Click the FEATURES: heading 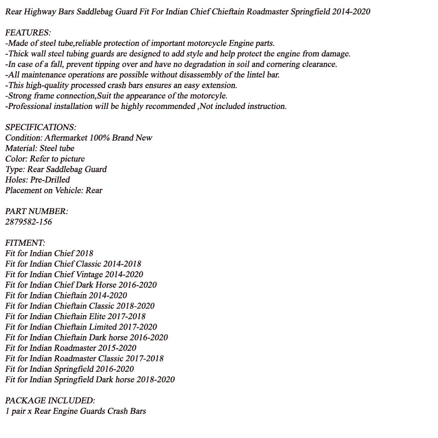28,33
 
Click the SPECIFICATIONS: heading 41,128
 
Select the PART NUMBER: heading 37,211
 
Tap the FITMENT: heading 25,243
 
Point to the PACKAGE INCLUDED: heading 50,401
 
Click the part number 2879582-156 28,222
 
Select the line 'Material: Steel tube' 39,148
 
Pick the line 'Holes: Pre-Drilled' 37,180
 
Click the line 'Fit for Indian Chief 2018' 49,253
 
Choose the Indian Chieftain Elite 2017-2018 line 75,316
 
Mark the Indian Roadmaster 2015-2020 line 71,348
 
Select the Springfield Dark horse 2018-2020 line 90,379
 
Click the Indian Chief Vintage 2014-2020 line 74,274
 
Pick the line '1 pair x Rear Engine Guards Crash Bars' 76,411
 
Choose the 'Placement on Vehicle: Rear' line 54,191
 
